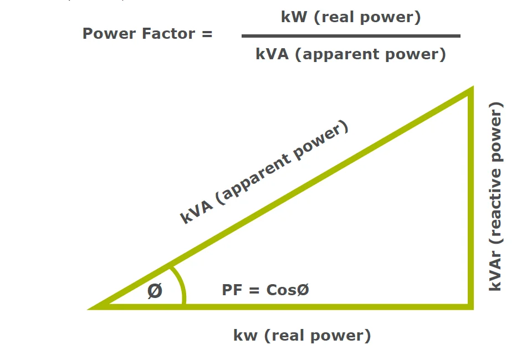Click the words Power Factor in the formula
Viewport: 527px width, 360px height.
coord(139,34)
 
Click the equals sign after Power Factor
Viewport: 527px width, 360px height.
coord(206,34)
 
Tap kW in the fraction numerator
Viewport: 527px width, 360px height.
coord(294,17)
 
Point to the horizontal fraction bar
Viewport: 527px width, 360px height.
coord(350,36)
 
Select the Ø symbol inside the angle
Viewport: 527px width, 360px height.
coord(155,291)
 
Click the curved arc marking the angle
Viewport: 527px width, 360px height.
coord(182,285)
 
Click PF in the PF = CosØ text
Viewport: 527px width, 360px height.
coord(232,290)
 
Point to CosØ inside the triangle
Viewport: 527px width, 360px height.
coord(287,290)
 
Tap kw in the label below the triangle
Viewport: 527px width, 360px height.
coord(245,335)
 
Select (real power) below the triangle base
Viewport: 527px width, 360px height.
coord(316,335)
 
